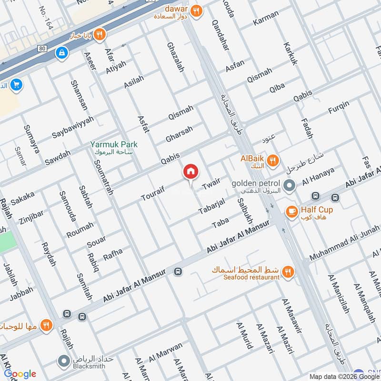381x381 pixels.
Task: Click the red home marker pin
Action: pyautogui.click(x=190, y=172)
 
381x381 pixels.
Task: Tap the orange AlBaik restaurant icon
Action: pyautogui.click(x=273, y=161)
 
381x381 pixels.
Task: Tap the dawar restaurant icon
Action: pyautogui.click(x=196, y=10)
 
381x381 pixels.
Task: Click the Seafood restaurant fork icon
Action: pyautogui.click(x=288, y=272)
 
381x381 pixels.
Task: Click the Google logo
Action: pyautogui.click(x=20, y=374)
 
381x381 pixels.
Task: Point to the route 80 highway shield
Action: pyautogui.click(x=41, y=49)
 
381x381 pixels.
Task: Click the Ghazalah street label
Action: pyautogui.click(x=175, y=57)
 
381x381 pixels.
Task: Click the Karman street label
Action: pyautogui.click(x=266, y=21)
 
